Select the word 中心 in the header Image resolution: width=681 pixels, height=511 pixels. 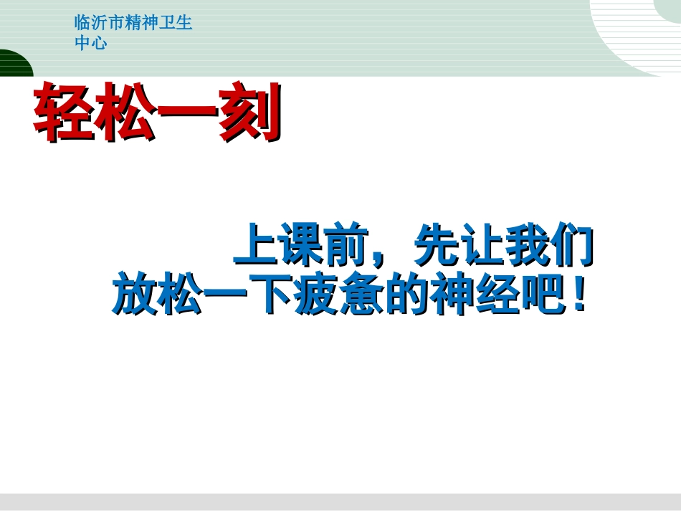tap(90, 43)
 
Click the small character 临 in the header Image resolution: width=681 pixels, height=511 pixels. tap(82, 23)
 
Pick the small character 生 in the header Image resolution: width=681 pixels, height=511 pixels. tap(185, 23)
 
